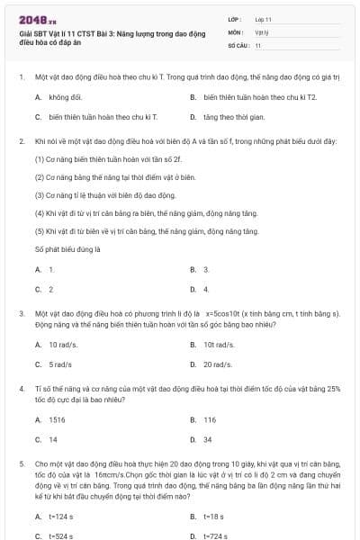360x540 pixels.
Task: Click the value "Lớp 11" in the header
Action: point(264,18)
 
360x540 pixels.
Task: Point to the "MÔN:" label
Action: point(236,31)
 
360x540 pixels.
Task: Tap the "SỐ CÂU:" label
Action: point(238,44)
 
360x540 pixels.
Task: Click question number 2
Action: point(21,141)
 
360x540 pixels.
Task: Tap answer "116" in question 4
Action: point(209,419)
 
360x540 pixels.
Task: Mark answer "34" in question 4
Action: point(207,440)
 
